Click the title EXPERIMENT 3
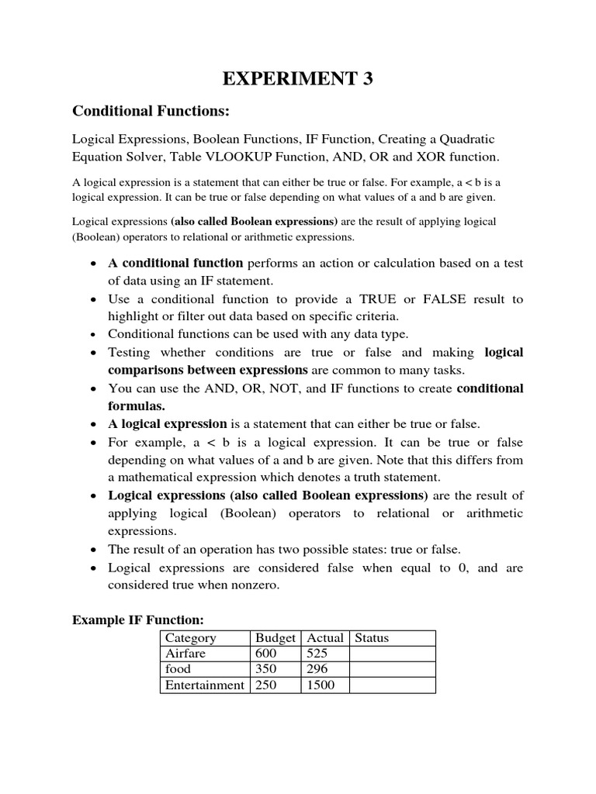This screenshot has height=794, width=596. (298, 79)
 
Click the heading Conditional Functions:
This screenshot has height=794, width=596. (151, 112)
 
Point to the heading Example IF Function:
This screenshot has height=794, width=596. (137, 620)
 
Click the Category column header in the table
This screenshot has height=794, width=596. (190, 638)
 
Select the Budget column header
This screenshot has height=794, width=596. (275, 638)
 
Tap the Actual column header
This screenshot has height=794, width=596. (324, 638)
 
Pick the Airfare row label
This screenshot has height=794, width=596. (185, 654)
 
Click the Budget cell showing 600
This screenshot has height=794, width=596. (266, 654)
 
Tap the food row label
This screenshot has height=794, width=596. (178, 669)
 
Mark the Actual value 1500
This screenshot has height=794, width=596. (321, 685)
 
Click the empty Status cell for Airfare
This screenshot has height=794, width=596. (392, 654)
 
